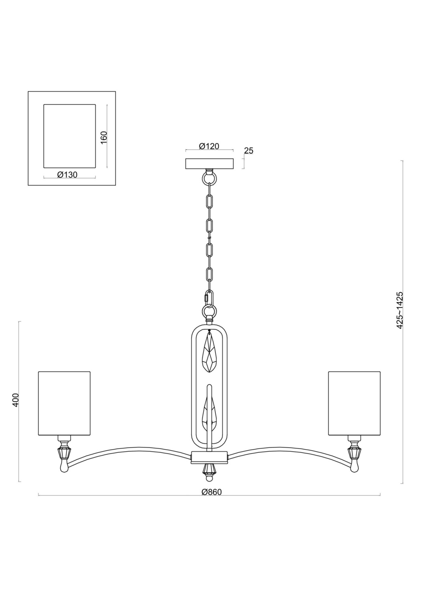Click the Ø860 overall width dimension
click(212, 492)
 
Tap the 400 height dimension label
click(16, 400)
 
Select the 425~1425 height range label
click(399, 310)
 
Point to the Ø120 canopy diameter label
click(209, 146)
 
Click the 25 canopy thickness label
click(249, 151)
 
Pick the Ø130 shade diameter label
click(67, 174)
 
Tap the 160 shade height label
click(104, 138)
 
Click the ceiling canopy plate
click(209, 164)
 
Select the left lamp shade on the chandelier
click(64, 403)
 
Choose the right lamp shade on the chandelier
click(354, 403)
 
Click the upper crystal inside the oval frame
click(210, 352)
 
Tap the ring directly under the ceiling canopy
click(209, 177)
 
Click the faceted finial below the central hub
click(209, 469)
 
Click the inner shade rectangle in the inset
click(69, 136)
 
